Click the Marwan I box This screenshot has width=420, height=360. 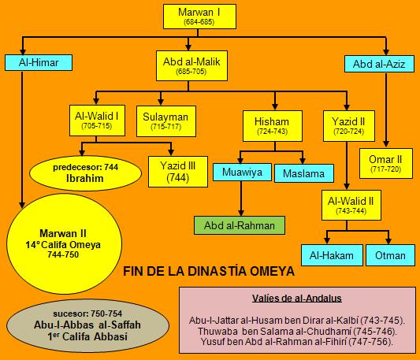(199, 17)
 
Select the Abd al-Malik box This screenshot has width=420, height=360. (191, 65)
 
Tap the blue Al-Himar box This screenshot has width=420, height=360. (39, 63)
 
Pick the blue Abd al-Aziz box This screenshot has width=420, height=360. (379, 64)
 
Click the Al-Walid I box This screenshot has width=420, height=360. (97, 121)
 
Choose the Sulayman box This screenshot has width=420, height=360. (166, 121)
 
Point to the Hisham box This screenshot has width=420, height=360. (273, 126)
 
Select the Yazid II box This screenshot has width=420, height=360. (349, 126)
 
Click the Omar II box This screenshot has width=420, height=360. (385, 163)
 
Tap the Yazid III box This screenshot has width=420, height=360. (178, 172)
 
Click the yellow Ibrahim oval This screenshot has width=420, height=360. (85, 173)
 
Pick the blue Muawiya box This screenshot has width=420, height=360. (242, 173)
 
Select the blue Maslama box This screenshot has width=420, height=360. (304, 173)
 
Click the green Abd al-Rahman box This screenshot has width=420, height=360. (240, 225)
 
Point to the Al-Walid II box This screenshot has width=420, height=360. (351, 205)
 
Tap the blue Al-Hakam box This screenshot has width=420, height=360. (332, 255)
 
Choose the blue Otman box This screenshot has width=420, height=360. (390, 255)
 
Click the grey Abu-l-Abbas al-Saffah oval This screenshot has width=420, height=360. (87, 325)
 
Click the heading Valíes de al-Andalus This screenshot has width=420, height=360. (297, 298)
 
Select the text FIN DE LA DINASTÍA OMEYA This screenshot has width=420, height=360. (209, 271)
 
